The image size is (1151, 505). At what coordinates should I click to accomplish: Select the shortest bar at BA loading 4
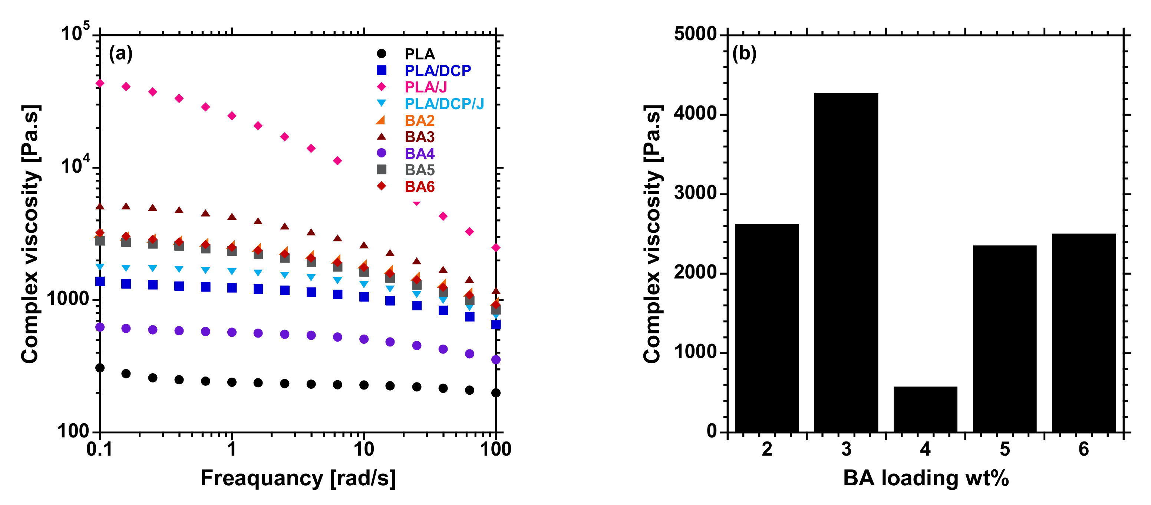pyautogui.click(x=925, y=409)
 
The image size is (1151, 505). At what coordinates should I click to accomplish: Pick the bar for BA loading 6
pyautogui.click(x=1084, y=333)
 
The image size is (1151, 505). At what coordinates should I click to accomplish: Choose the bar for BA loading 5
pyautogui.click(x=1005, y=339)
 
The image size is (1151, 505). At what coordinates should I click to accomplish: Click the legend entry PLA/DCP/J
pyautogui.click(x=444, y=104)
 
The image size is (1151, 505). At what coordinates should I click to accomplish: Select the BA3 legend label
pyautogui.click(x=419, y=137)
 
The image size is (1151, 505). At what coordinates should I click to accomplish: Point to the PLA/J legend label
pyautogui.click(x=425, y=87)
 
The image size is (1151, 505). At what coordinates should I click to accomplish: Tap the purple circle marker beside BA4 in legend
pyautogui.click(x=381, y=153)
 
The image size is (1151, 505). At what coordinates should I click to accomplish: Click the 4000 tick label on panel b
pyautogui.click(x=695, y=113)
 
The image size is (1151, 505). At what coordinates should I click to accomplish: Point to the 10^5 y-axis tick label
pyautogui.click(x=75, y=33)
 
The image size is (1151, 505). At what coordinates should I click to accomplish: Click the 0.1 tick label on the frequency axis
pyautogui.click(x=99, y=449)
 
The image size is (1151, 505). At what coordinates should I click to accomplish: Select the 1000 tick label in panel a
pyautogui.click(x=68, y=299)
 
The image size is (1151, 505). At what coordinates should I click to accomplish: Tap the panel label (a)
pyautogui.click(x=121, y=54)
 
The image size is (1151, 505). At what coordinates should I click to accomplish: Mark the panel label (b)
pyautogui.click(x=744, y=54)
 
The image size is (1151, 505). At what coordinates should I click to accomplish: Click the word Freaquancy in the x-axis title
pyautogui.click(x=261, y=478)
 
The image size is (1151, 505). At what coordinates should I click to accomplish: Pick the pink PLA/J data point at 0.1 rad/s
pyautogui.click(x=100, y=83)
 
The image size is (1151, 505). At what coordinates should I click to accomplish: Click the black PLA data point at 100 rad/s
pyautogui.click(x=495, y=393)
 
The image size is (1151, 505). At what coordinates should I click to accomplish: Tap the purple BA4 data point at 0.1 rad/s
pyautogui.click(x=100, y=327)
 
